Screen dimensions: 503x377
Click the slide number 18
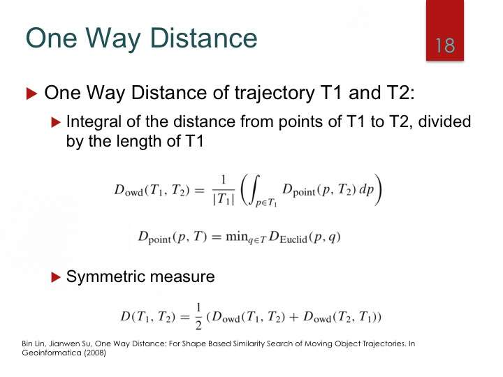[x=445, y=45]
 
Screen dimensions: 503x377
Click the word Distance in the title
[x=203, y=38]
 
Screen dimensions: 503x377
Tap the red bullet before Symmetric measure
[x=56, y=277]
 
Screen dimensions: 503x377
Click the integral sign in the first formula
[x=254, y=190]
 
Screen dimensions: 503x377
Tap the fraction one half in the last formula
[x=198, y=317]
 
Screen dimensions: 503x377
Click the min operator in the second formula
[x=237, y=237]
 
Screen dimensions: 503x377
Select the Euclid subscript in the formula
[x=293, y=239]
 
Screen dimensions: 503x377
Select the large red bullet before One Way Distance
[x=31, y=94]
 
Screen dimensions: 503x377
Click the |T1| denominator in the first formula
[x=224, y=200]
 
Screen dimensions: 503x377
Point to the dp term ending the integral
[x=366, y=190]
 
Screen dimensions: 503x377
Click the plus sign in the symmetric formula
[x=294, y=317]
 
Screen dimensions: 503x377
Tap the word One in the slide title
[x=51, y=38]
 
